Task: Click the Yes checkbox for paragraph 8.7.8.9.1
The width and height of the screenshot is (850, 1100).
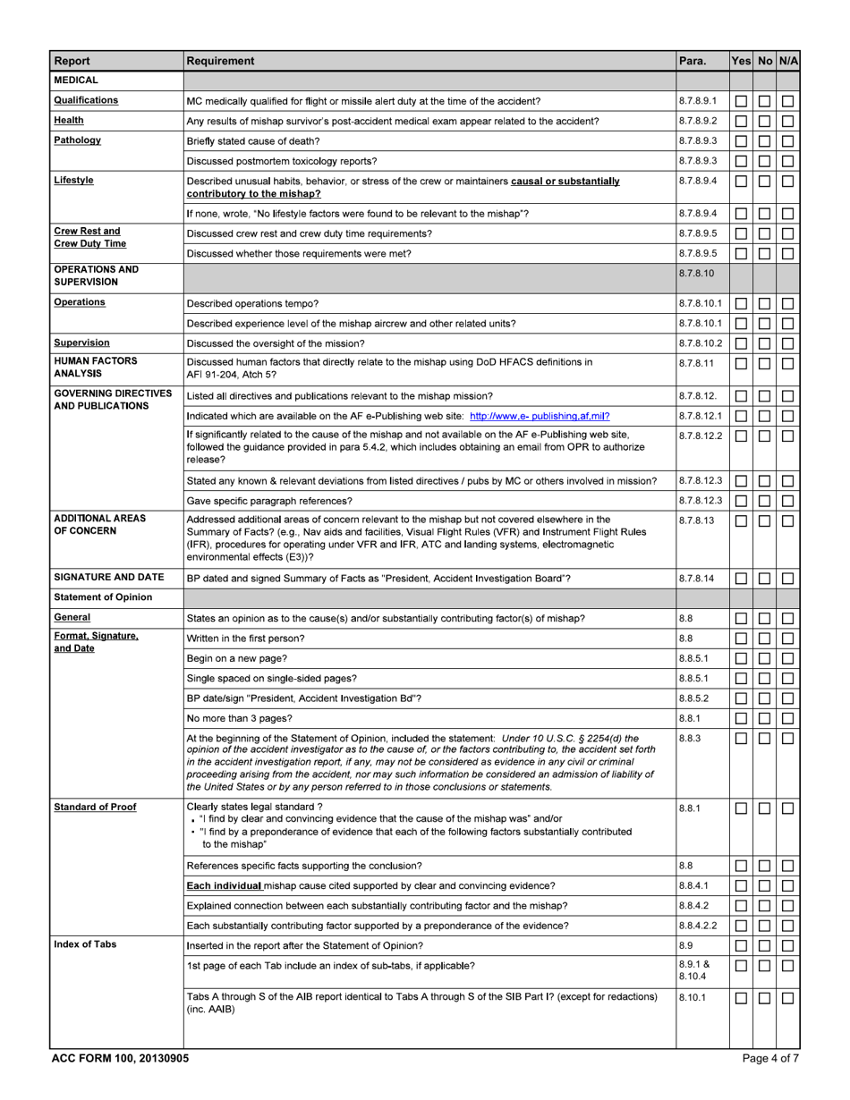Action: (x=741, y=102)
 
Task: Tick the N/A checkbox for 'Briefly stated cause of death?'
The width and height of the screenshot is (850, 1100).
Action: (x=787, y=141)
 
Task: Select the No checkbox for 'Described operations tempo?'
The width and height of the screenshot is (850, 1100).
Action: (x=764, y=304)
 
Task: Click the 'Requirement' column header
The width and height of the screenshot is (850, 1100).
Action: (x=220, y=62)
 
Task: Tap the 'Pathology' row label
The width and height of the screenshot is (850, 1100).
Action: (x=77, y=140)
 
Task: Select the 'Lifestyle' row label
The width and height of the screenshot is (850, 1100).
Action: (x=75, y=180)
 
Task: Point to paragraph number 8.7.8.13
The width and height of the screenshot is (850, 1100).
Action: (x=697, y=520)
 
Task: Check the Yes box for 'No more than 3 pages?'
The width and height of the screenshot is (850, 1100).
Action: (x=741, y=718)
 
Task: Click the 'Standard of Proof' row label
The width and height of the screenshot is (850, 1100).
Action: (x=95, y=807)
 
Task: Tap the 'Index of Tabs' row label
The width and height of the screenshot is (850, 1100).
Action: (x=85, y=944)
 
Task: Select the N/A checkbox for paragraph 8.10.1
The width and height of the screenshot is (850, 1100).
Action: (x=787, y=998)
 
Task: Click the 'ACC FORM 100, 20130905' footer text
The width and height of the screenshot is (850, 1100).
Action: (x=120, y=1058)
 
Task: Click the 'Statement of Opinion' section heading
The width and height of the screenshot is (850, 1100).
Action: (x=102, y=597)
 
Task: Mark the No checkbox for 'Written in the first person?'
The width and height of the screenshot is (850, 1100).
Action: (x=764, y=639)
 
